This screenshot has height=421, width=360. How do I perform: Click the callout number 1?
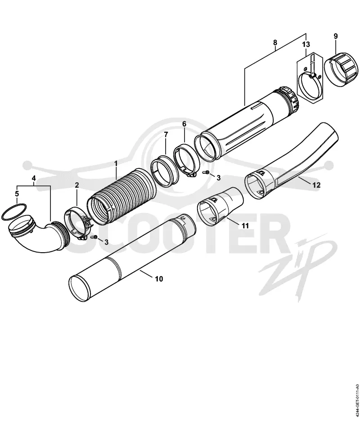(x=116, y=163)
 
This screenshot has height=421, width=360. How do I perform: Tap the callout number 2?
(x=77, y=185)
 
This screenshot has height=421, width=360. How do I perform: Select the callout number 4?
(x=34, y=178)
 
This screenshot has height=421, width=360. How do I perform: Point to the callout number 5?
(x=17, y=194)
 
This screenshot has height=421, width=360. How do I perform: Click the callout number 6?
(x=184, y=124)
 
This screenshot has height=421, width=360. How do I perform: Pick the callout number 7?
(x=166, y=134)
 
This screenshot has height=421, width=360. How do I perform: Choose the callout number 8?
(x=275, y=42)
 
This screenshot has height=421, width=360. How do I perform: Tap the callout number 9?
(x=336, y=36)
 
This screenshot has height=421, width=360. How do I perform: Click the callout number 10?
(x=159, y=279)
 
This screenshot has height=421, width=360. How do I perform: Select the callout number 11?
(x=245, y=226)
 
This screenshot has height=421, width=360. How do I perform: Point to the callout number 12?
(x=316, y=185)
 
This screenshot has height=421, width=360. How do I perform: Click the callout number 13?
(x=306, y=44)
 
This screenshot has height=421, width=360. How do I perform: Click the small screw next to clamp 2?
(x=94, y=237)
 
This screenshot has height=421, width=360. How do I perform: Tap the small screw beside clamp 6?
(x=207, y=172)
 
